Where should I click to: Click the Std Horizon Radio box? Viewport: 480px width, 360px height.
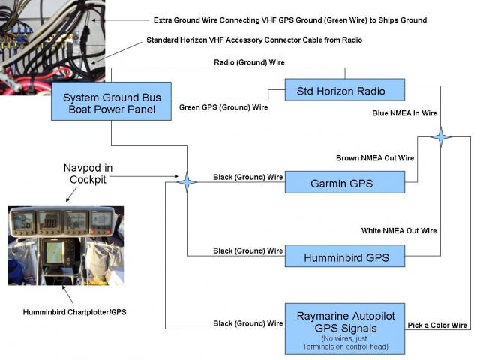[x=345, y=90]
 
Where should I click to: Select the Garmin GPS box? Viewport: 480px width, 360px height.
[x=345, y=182]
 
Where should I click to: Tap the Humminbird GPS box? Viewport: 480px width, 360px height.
[x=345, y=256]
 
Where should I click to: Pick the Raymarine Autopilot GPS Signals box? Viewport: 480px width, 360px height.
[x=345, y=328]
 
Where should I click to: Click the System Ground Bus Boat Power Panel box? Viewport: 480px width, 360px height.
[x=111, y=101]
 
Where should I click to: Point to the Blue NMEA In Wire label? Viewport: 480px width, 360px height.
[x=404, y=113]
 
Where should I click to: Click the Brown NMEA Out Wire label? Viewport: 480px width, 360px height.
[x=375, y=158]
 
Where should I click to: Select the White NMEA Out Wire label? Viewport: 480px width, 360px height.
[x=399, y=230]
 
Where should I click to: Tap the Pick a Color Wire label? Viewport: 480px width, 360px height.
[x=437, y=325]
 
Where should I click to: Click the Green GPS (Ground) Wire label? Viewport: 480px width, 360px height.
[x=223, y=107]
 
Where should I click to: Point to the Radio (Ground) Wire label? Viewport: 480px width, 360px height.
[x=249, y=62]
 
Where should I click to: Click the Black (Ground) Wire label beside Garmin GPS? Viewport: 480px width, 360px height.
[x=248, y=177]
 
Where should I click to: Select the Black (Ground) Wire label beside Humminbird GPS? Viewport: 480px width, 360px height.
[x=248, y=250]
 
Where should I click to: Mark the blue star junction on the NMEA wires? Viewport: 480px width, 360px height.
[x=440, y=136]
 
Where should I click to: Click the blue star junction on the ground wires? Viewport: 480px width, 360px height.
[x=187, y=182]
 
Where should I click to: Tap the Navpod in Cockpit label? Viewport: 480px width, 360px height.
[x=88, y=173]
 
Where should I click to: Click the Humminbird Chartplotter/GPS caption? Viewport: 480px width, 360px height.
[x=75, y=312]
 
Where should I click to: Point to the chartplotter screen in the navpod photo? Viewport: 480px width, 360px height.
[x=55, y=252]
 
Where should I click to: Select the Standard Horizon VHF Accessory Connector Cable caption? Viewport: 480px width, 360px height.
[x=254, y=40]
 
